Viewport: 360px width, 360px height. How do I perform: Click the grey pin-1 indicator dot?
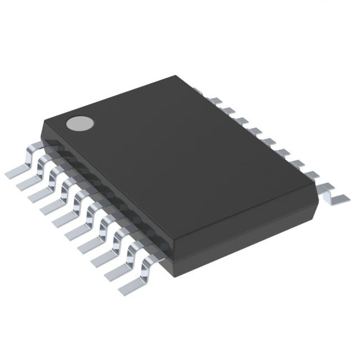pos(79,123)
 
